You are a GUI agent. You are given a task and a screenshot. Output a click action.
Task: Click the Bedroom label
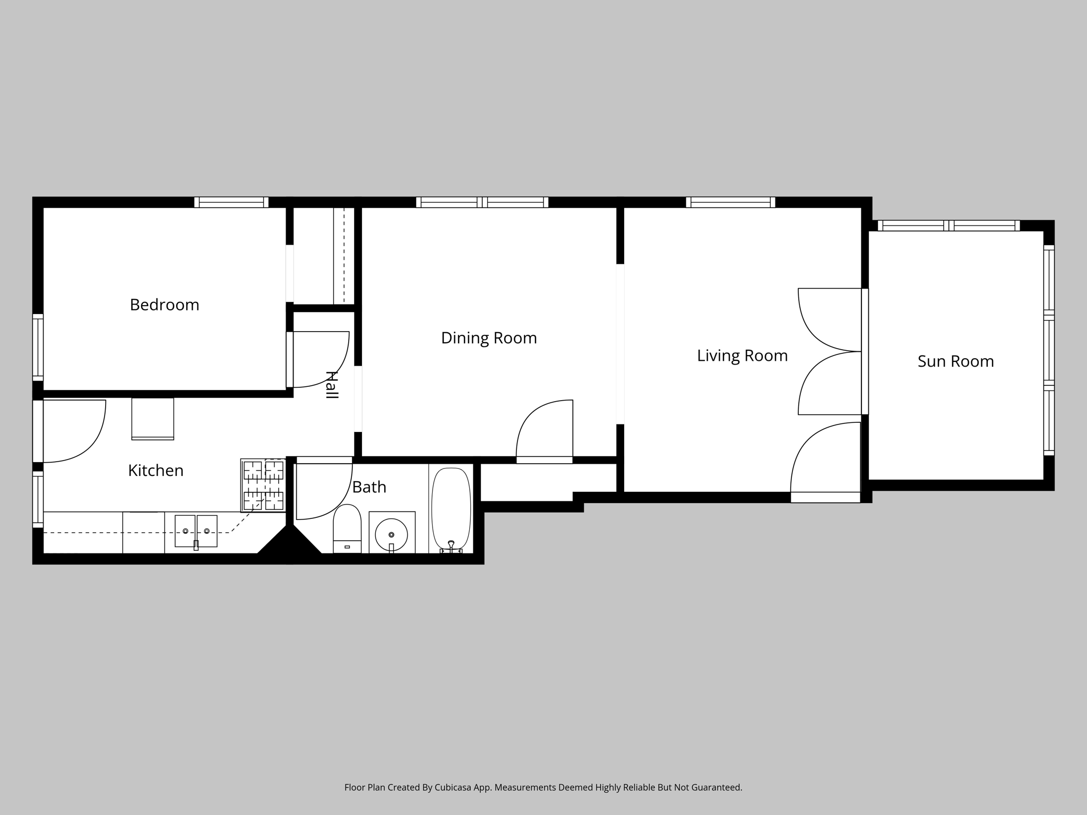pos(165,305)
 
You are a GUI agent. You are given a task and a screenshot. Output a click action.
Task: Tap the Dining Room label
pos(489,338)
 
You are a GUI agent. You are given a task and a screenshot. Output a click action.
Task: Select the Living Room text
pos(742,356)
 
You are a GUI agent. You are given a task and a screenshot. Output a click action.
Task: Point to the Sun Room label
pos(955,361)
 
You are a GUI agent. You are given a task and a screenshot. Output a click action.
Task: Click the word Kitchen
pos(156,471)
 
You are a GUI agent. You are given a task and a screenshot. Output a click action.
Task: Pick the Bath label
pos(369,487)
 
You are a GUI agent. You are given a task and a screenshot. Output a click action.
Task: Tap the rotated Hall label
pos(331,385)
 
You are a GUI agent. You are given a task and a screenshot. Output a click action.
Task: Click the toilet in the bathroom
pos(347,528)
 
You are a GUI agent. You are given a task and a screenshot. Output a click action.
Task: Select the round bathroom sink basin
pos(391,534)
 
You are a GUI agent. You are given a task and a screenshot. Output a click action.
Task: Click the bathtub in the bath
pos(451,510)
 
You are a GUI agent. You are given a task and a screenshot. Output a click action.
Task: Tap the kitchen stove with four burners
pos(263,485)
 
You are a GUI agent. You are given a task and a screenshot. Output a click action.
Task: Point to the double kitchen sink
pos(196,531)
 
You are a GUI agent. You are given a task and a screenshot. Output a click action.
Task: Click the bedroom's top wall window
pos(231,202)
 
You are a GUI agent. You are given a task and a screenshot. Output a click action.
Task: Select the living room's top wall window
pos(730,202)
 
